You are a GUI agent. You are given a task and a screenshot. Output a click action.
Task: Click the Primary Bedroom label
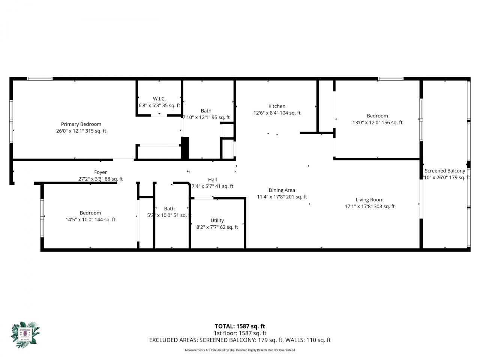coord(81,124)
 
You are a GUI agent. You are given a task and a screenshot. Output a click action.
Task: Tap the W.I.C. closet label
coord(159,99)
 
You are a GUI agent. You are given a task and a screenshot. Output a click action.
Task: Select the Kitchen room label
coord(277,106)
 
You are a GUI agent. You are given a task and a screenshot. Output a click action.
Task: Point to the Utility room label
coord(217,220)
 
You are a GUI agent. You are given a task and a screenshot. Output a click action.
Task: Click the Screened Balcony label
coord(445,171)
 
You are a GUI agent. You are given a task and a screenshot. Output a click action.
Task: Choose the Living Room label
coord(369,199)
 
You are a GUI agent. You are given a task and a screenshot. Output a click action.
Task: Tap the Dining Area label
coord(282,190)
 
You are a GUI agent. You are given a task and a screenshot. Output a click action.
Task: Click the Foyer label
coord(100,172)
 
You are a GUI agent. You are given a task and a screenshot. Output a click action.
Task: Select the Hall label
coord(212,180)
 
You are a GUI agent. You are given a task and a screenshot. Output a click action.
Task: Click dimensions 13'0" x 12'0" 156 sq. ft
coord(377,123)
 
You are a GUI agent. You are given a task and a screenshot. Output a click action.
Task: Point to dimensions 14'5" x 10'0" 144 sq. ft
coord(90,220)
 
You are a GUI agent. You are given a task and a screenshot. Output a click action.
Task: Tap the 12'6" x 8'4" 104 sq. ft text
coord(277,113)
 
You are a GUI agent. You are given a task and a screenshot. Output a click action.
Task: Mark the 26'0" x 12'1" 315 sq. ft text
coord(81,131)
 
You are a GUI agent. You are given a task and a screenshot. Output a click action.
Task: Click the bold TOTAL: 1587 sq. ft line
coord(240,326)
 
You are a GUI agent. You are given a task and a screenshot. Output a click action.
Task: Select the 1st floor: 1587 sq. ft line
coord(240,333)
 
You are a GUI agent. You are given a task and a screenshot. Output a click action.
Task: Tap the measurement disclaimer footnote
coord(240,350)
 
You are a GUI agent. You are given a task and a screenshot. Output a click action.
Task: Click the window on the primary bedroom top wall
coord(40,79)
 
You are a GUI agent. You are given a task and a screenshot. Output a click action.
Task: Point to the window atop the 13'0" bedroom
coord(390,79)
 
